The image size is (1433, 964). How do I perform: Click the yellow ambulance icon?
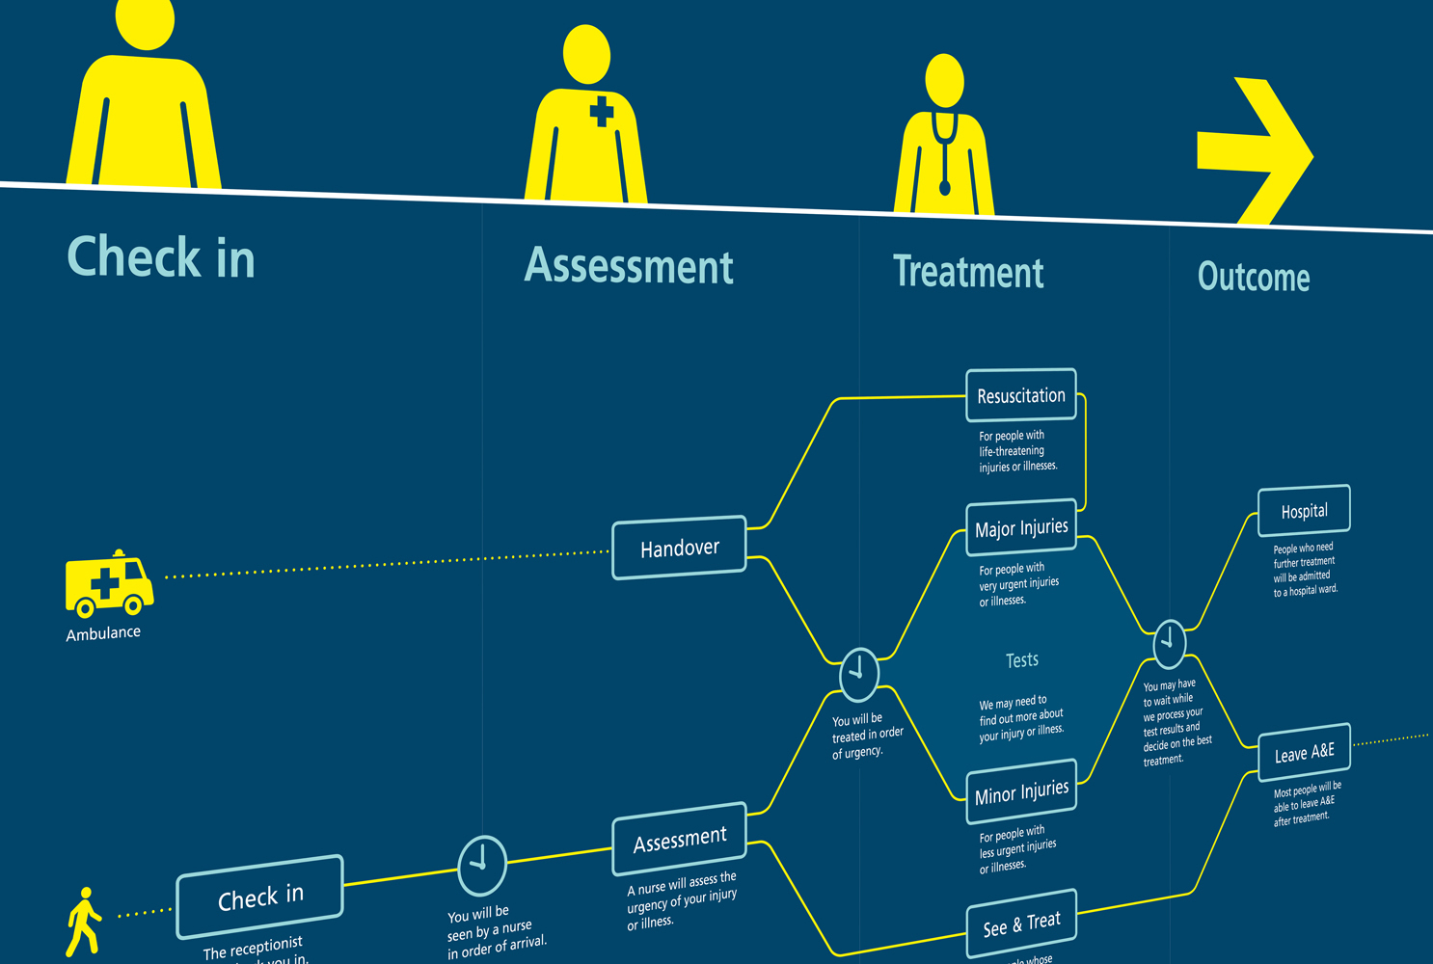pos(108,583)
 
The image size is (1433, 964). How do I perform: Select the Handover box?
pos(679,548)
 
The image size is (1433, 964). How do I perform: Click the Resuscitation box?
pos(1020,395)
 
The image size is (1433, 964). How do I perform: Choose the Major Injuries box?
pos(1020,527)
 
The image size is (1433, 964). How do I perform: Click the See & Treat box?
pos(1021,924)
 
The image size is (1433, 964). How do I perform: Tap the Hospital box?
pos(1304,511)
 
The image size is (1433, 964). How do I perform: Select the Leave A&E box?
pos(1304,752)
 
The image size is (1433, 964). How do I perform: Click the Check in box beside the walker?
pos(259,897)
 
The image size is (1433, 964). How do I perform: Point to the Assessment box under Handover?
pos(679,839)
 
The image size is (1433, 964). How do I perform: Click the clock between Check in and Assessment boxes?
pos(481,865)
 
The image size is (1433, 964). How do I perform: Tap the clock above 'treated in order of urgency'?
pos(858,674)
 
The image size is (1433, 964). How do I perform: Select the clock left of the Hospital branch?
pos(1169,643)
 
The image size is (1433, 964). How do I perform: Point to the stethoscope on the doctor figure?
pos(944,154)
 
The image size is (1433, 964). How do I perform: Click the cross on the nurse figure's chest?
pos(601,111)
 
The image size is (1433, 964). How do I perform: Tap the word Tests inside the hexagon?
pos(1021,660)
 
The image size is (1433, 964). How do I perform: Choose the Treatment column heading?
pos(968,272)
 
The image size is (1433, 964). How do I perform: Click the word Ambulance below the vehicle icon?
pos(103,633)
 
